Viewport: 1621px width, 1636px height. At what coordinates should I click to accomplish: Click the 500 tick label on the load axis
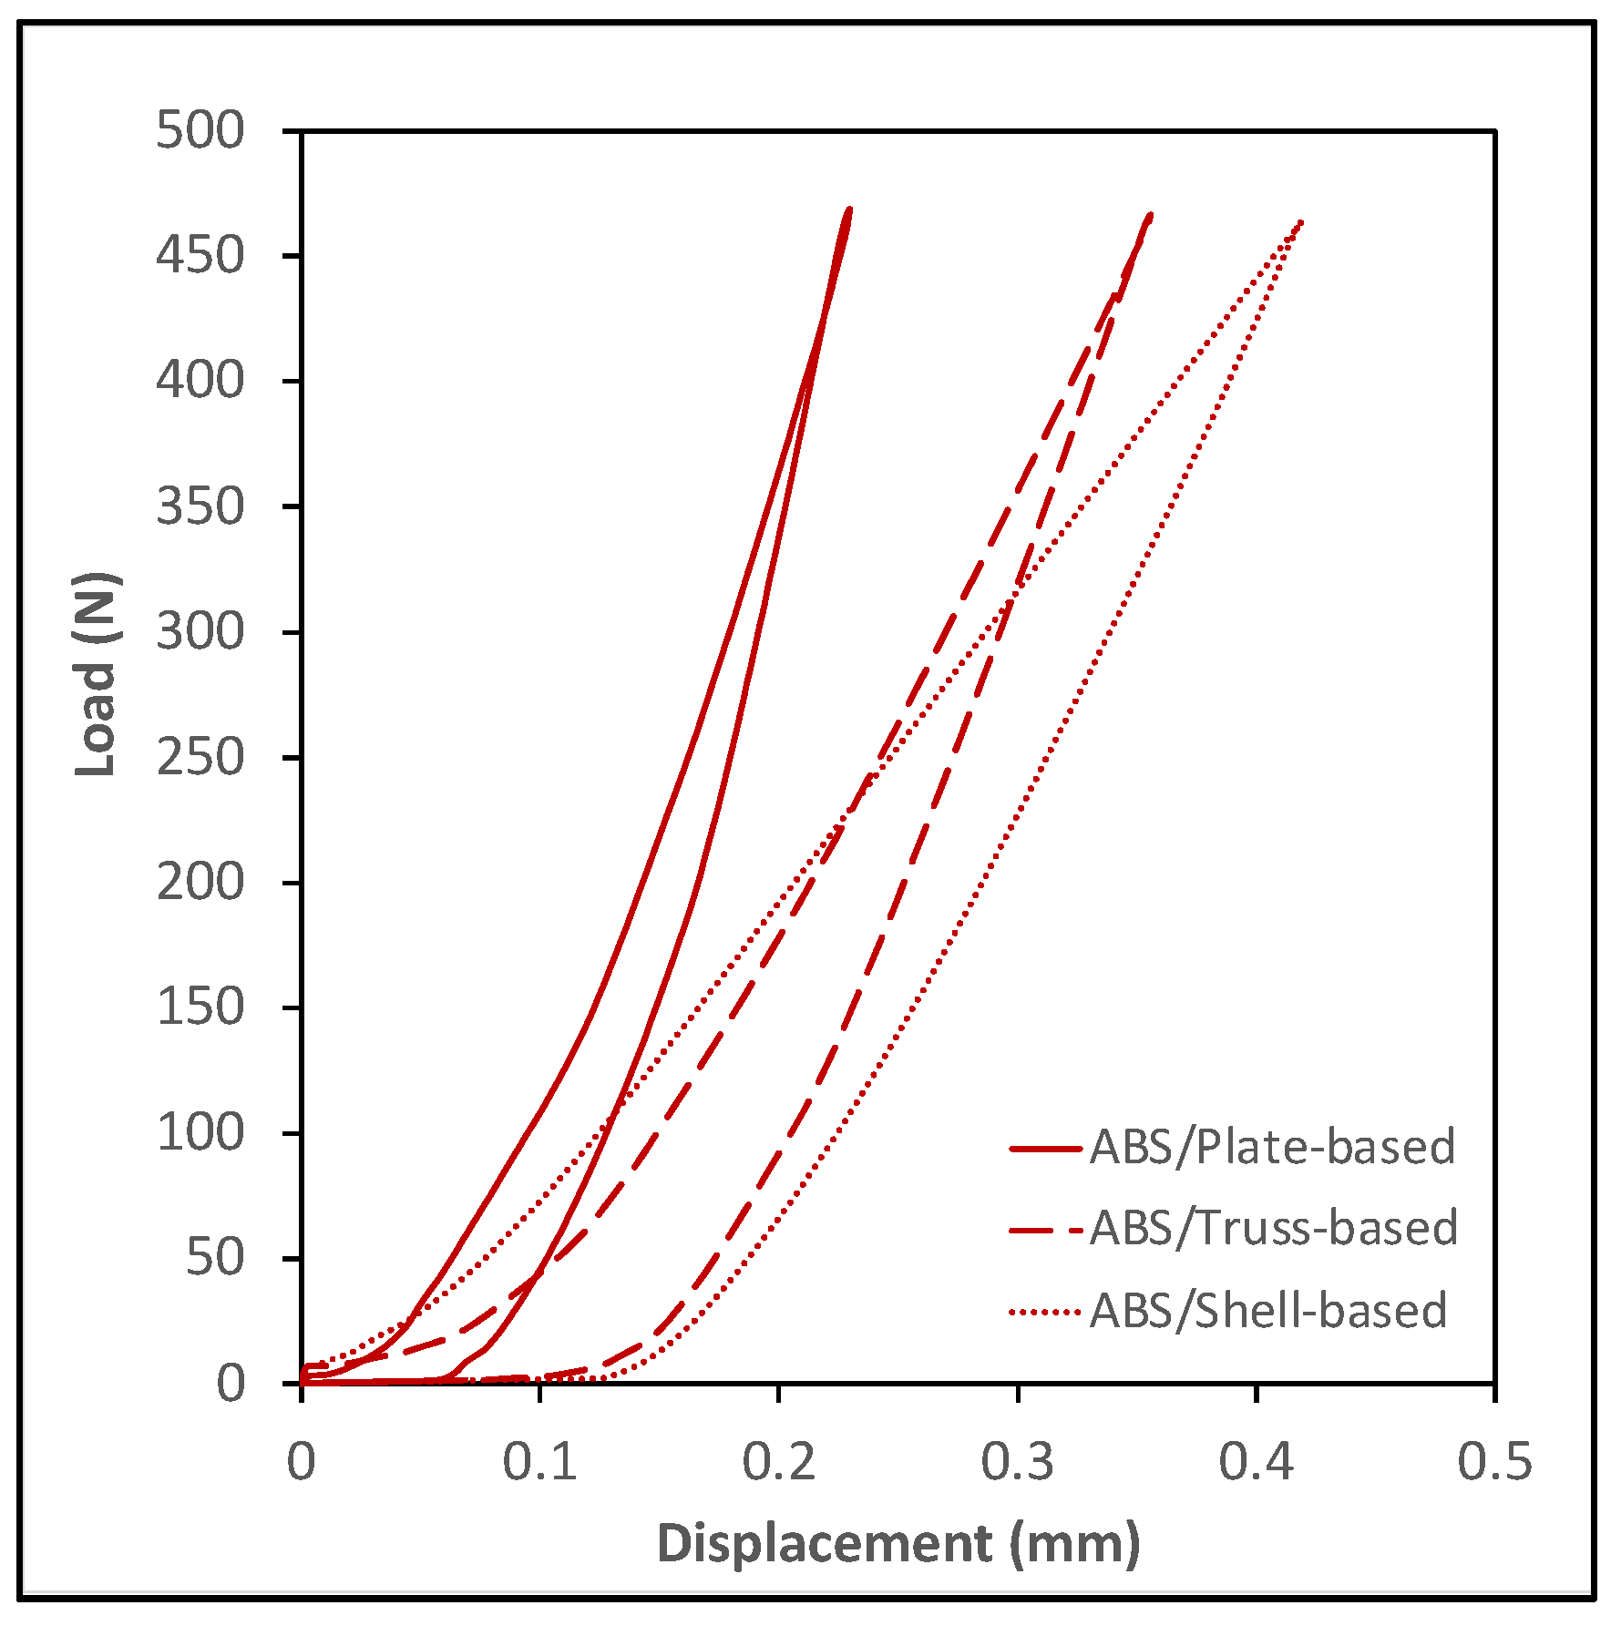coord(200,130)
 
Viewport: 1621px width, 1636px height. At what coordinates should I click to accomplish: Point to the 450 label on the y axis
coord(200,255)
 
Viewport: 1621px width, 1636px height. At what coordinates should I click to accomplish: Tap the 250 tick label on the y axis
coord(200,758)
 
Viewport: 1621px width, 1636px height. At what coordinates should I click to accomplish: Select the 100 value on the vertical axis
coord(200,1133)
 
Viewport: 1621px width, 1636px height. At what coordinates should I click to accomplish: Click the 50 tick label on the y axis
coord(215,1259)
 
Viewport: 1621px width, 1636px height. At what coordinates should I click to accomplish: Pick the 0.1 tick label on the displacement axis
coord(539,1462)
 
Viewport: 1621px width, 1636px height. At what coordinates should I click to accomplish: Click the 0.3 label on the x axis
coord(1017,1462)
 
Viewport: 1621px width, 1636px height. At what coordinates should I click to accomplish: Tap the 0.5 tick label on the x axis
coord(1494,1462)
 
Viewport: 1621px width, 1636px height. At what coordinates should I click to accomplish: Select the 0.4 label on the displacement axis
coord(1256,1462)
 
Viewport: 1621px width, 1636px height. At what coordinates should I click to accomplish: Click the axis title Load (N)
coord(97,674)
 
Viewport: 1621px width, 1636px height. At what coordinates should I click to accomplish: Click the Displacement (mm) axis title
coord(898,1544)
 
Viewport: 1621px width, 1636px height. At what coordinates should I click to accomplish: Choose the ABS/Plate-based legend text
coord(1272,1147)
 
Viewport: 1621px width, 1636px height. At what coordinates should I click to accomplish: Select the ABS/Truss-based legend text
coord(1274,1228)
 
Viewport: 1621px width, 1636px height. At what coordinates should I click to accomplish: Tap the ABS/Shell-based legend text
coord(1268,1311)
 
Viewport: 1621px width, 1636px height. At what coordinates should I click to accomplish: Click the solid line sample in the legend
coord(1045,1149)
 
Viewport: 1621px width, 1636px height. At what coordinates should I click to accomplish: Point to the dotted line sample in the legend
coord(1045,1313)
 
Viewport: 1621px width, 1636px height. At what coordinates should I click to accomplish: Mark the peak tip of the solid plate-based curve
coord(849,210)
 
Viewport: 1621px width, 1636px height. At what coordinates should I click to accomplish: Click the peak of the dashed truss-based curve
coord(1150,216)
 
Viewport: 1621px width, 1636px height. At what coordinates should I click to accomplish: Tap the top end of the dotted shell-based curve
coord(1301,221)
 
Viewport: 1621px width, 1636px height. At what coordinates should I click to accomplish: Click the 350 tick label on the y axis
coord(200,506)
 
